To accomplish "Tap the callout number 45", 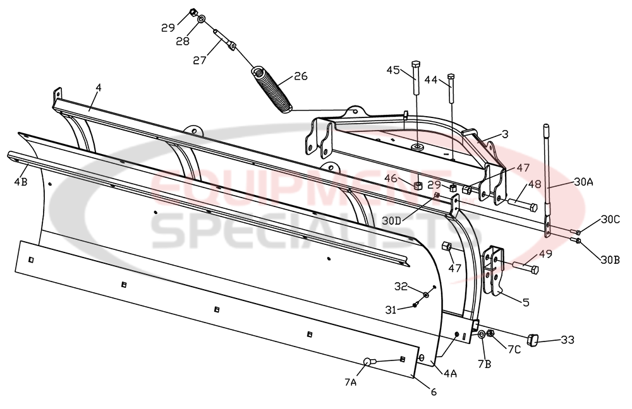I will (393, 70).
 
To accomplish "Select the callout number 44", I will (431, 80).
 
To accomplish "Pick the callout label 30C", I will (611, 220).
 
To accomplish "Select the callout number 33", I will (567, 340).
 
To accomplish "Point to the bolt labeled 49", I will (525, 268).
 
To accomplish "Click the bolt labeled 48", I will (522, 204).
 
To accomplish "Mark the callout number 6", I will (433, 392).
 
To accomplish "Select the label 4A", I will (450, 374).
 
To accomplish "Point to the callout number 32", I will (400, 287).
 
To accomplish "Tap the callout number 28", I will (182, 42).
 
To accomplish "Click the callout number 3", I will (506, 134).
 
